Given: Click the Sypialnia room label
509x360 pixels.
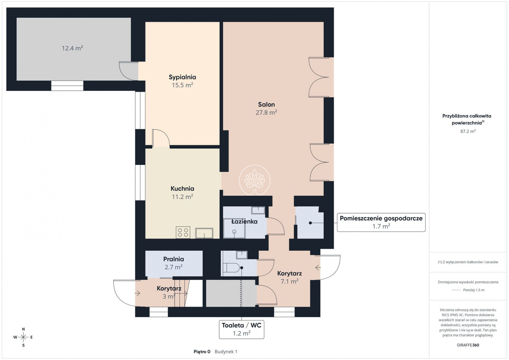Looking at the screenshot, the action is coord(182,77).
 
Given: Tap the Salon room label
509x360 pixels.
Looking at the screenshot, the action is coord(266,105).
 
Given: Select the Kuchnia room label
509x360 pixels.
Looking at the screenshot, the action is coord(182,188).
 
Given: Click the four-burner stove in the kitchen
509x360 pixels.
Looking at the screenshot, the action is coord(183,232).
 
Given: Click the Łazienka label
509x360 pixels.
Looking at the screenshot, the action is coord(244,221).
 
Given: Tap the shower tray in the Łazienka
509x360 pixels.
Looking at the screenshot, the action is coord(234,228).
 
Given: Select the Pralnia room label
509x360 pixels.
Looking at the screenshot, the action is coord(174,259).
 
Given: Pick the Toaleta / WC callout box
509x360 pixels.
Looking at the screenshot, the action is coord(241,329).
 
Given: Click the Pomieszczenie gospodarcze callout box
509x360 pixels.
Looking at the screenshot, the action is coord(381,222).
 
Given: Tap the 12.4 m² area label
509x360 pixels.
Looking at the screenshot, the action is coord(72,48).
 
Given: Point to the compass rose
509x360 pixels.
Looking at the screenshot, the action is coord(23,337).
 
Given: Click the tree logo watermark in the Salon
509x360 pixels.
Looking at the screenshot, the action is coord(255,180).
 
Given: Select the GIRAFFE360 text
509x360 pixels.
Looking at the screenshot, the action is coord(468,345).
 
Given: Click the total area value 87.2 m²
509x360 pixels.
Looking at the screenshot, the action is coord(468,131).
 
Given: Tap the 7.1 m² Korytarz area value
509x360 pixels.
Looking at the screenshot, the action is coord(289,281).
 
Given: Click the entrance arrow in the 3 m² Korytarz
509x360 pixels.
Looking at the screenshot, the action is coord(137,293).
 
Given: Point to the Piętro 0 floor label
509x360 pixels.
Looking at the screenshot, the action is coord(202,352).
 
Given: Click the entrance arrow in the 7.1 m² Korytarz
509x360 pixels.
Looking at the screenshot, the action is coord(318,267).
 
